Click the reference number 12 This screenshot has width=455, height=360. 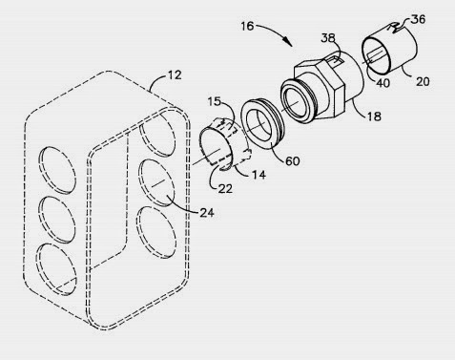(x=175, y=75)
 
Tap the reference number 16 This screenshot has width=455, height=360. (x=247, y=26)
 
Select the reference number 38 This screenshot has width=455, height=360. (x=328, y=38)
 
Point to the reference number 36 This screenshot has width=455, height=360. (x=418, y=19)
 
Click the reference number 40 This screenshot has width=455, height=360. (x=383, y=83)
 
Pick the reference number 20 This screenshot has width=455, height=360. (x=423, y=81)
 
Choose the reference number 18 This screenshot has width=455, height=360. (x=374, y=116)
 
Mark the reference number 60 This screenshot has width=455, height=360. (x=293, y=160)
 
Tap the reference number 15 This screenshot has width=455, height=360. (x=215, y=102)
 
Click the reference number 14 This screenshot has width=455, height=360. (x=259, y=175)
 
